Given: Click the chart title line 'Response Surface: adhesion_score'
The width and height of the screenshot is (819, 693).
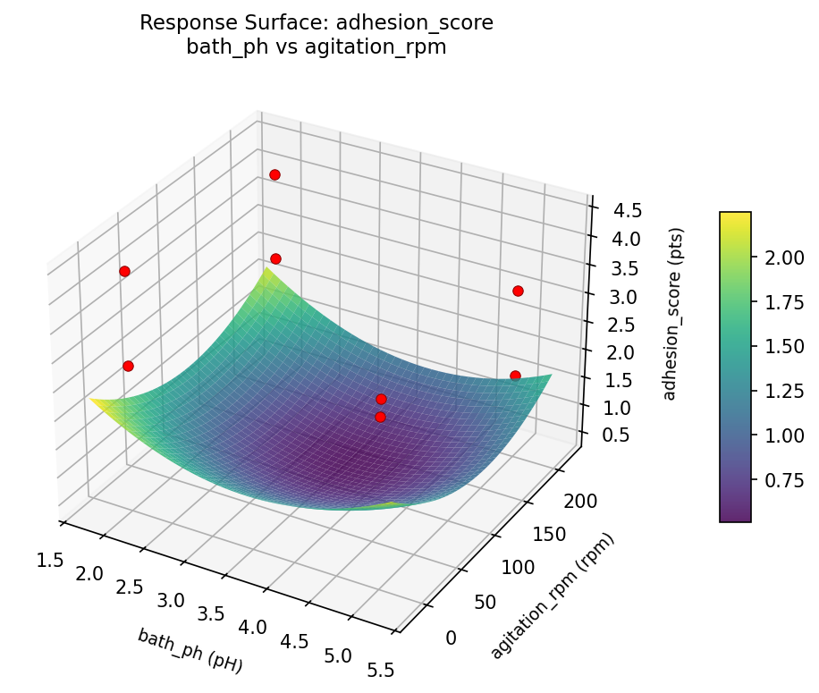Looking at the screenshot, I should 316,23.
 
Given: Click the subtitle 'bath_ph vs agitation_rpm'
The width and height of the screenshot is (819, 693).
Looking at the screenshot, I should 316,47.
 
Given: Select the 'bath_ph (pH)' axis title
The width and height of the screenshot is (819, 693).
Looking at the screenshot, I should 190,650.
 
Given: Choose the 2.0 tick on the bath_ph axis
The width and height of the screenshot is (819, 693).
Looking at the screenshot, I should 89,572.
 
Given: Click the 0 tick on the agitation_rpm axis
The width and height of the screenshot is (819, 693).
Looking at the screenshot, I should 451,637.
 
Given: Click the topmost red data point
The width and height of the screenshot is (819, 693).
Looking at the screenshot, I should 274,174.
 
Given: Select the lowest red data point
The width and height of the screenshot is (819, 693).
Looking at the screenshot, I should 380,417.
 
